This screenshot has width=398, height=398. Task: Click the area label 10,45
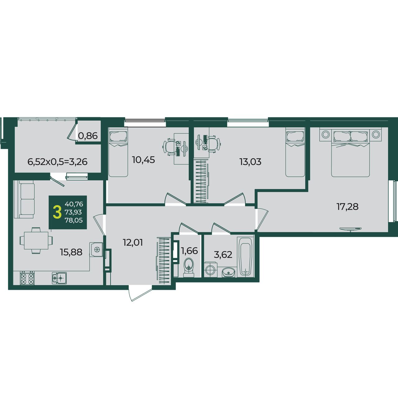point(143,160)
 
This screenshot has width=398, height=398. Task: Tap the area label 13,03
point(250,162)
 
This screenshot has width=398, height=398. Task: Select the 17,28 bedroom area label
point(348,206)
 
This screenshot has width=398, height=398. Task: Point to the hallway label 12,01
point(133,242)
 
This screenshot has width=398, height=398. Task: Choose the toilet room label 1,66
point(189,251)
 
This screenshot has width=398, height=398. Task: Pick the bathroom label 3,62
point(223,255)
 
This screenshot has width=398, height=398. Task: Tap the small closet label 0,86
point(88,136)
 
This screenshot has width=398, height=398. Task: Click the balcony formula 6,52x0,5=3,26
point(58,162)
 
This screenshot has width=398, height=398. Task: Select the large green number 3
point(57,213)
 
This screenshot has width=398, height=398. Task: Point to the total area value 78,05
point(74,220)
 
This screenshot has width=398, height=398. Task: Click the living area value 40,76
point(74,204)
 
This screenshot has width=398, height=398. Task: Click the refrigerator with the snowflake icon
point(96,249)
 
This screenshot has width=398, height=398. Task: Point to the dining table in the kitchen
point(36,240)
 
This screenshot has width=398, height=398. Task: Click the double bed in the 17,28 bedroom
point(350,152)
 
